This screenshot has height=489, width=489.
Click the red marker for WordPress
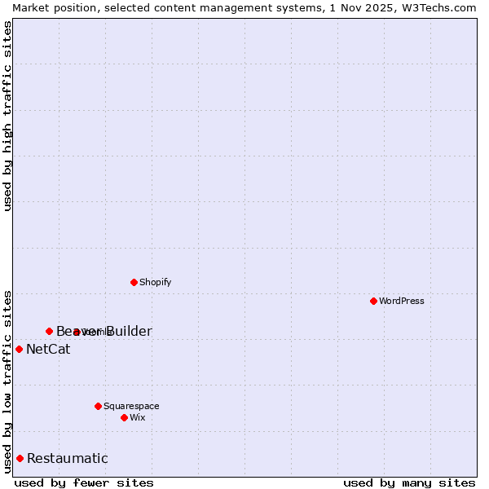click(x=373, y=301)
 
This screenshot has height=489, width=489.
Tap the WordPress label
click(x=402, y=301)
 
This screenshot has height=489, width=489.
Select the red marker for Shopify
click(x=134, y=282)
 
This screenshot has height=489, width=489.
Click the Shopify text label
click(x=155, y=282)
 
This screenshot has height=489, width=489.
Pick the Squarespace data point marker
click(x=98, y=406)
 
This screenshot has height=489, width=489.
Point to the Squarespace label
click(x=131, y=406)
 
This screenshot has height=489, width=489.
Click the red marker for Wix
click(x=124, y=417)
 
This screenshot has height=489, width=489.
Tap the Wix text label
click(x=138, y=417)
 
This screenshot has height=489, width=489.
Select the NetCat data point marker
click(x=19, y=349)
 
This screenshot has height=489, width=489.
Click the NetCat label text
click(x=48, y=350)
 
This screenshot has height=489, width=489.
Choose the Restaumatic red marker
click(x=20, y=458)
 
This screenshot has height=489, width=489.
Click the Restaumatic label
click(x=67, y=458)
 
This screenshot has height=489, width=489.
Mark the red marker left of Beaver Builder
click(x=49, y=331)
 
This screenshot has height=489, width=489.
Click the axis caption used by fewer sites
click(x=84, y=482)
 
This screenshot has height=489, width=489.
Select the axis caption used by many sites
click(x=409, y=482)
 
